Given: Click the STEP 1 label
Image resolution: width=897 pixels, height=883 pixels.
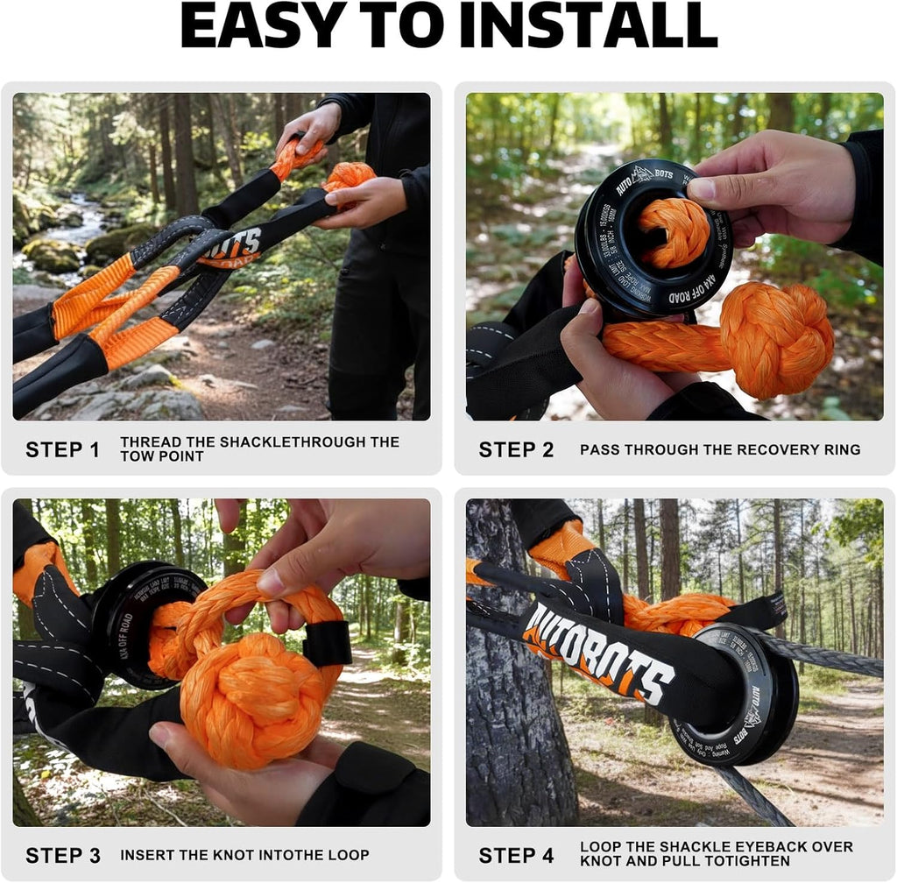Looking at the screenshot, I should click(x=62, y=450).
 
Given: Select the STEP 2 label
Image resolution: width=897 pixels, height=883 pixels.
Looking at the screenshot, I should click(x=516, y=450).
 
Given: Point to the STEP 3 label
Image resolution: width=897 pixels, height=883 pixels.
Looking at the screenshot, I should click(x=62, y=855).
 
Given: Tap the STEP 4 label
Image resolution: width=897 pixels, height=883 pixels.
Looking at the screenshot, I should click(x=516, y=855).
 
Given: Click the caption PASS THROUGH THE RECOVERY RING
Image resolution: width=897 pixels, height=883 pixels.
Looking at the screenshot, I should click(x=719, y=450).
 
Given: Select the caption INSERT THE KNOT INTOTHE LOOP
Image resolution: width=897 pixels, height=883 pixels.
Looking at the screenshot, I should click(x=244, y=855).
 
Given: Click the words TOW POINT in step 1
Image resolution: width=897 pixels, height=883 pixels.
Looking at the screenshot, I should click(x=161, y=457).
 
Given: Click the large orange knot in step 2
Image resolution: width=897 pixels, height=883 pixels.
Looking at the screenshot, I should click(x=776, y=336).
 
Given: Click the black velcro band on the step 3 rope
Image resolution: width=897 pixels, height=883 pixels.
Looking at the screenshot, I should click(x=328, y=644).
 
